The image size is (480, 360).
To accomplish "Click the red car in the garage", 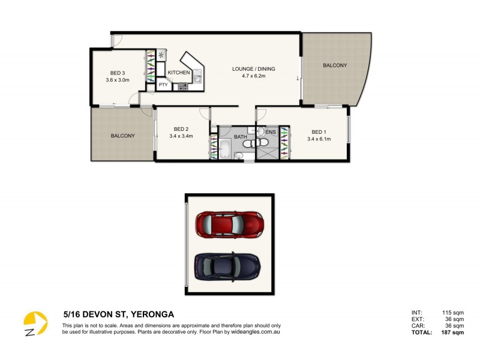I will point(229,223).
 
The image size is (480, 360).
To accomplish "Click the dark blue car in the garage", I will point(227,265).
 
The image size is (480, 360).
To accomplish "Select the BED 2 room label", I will point(181,129).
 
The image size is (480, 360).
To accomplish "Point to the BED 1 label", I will point(319,132).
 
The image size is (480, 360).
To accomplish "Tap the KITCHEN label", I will point(179,73).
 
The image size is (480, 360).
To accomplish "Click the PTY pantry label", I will point(163,85).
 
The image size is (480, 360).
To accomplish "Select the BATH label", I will point(241,137).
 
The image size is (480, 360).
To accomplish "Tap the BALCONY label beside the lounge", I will point(335,65).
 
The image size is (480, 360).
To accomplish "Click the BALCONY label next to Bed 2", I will point(123,136).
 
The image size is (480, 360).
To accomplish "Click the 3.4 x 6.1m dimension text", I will point(319,139).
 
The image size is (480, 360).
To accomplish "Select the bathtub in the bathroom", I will point(226,148).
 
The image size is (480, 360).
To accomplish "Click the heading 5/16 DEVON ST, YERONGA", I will point(119,314).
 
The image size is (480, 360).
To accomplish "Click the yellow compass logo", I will point(35,323).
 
